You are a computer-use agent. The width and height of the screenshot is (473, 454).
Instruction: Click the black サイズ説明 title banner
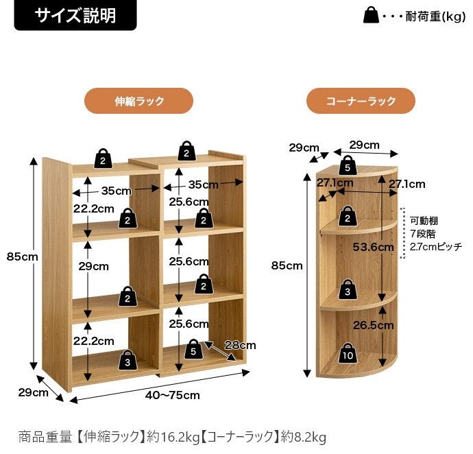coord(75,15)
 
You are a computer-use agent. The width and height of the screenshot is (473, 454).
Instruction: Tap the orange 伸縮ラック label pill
coord(138,101)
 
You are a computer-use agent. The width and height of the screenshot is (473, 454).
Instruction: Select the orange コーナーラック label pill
coord(361,101)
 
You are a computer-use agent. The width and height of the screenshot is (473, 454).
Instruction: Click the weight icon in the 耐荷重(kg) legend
coord(371,16)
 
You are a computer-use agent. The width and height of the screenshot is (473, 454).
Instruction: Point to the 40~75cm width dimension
coord(172,395)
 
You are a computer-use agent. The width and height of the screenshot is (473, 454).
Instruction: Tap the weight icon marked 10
coord(349,355)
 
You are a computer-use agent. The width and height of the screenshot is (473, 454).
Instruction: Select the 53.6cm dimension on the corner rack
coord(373,247)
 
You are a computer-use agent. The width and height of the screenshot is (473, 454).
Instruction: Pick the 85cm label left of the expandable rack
coord(22,256)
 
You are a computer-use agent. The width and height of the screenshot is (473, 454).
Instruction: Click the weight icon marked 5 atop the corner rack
coord(348,165)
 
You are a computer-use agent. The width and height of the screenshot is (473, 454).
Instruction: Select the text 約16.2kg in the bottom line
coord(175,436)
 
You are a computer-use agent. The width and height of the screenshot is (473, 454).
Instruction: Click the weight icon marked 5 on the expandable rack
coord(194,350)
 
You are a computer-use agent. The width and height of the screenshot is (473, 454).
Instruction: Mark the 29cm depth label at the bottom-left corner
coord(33,392)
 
